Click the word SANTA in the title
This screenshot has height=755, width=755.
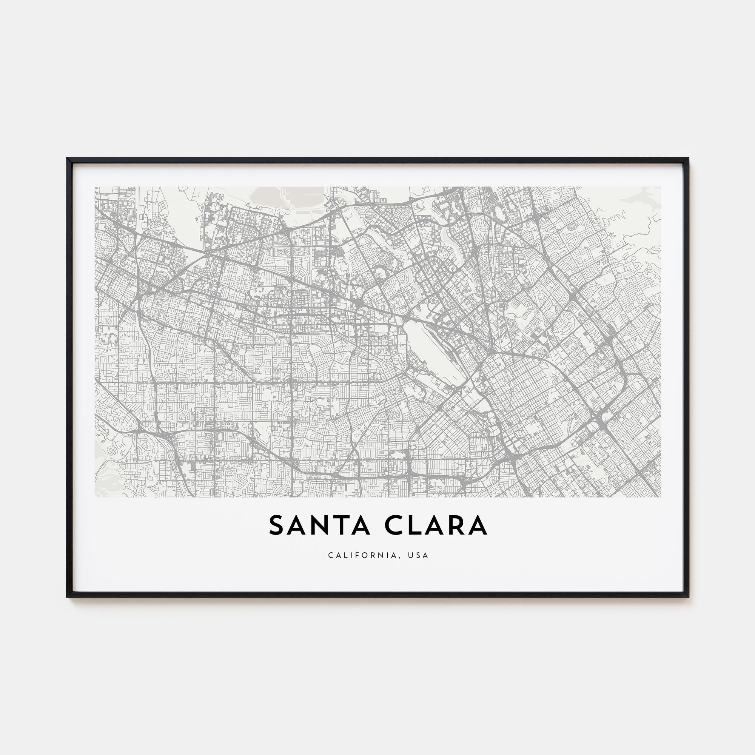[x=319, y=525]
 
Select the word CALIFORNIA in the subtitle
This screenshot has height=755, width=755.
[x=363, y=555]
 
